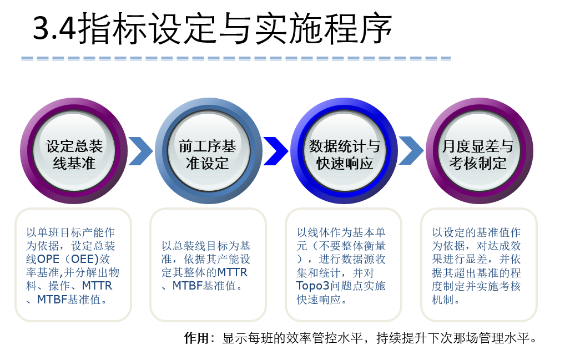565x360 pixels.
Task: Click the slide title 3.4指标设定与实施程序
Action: (x=212, y=28)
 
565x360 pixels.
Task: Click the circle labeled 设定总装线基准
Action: (x=74, y=151)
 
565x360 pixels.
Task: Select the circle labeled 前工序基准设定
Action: (x=208, y=151)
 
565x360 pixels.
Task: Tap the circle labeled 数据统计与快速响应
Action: (x=344, y=151)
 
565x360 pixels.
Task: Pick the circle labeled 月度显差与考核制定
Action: (x=479, y=151)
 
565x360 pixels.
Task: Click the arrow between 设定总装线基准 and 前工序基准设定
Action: (x=141, y=151)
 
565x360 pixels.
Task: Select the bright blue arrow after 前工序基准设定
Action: (x=276, y=151)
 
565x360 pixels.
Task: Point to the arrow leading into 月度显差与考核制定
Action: (x=411, y=151)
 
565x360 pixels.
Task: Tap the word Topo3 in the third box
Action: (x=313, y=286)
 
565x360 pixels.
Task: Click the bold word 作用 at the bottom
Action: (x=196, y=338)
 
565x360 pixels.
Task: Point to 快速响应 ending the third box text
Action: (x=319, y=299)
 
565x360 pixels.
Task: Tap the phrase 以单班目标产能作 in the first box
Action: (x=70, y=232)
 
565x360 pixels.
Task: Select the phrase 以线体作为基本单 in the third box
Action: (x=341, y=232)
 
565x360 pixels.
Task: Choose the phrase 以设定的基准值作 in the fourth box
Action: (x=476, y=232)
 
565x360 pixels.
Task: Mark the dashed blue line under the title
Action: (x=236, y=58)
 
